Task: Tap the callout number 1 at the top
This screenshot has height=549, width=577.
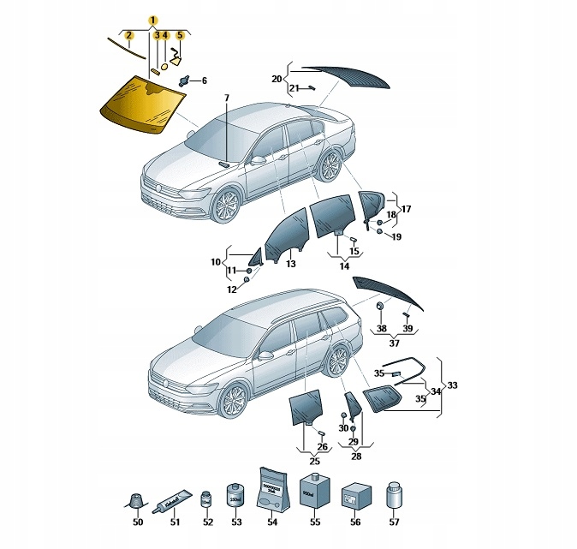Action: (152, 20)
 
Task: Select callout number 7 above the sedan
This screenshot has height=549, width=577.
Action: (227, 98)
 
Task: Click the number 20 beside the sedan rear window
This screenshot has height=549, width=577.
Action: (277, 79)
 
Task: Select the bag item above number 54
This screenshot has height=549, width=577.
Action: (270, 490)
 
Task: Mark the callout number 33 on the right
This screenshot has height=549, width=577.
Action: (453, 385)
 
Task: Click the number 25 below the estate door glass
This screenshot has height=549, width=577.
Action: (314, 462)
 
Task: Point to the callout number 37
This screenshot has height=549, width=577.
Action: (394, 343)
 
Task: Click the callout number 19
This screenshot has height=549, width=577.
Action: (396, 236)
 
